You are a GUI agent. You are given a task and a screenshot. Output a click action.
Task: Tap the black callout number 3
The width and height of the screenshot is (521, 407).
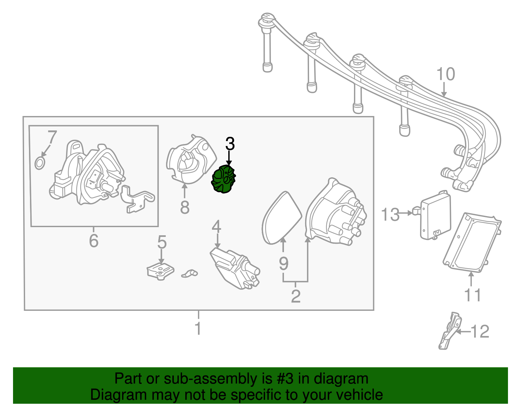point(230,144)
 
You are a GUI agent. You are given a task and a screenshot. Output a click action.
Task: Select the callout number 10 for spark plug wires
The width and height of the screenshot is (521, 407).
point(445,75)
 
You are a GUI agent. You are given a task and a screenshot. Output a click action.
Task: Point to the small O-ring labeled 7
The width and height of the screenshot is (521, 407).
point(39,163)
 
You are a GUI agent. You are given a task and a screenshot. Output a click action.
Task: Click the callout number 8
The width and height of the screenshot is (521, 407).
point(185,207)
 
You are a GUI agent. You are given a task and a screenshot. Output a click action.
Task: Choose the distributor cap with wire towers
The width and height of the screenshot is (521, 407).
point(335,213)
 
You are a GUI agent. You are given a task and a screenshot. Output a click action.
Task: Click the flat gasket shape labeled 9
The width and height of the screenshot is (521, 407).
point(281,218)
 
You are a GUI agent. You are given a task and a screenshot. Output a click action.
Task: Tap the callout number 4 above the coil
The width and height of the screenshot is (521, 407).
point(217,227)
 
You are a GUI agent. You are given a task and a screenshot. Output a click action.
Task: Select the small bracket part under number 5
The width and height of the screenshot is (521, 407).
point(160,271)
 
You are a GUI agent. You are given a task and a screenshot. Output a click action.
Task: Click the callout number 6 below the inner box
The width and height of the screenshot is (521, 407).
point(93,241)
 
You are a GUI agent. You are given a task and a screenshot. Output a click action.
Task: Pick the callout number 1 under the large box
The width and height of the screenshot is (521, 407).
point(198,328)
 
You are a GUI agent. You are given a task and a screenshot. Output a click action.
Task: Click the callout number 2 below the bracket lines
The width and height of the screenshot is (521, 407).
point(295,296)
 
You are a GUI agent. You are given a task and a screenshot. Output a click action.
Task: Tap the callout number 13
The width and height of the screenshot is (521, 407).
point(390,215)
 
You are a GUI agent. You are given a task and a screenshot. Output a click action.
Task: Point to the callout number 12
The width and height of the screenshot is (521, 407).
point(480,332)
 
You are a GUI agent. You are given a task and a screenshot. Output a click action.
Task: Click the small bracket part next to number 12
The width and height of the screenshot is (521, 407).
point(450,331)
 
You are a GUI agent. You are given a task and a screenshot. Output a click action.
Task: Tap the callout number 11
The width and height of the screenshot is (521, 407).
point(472,296)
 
